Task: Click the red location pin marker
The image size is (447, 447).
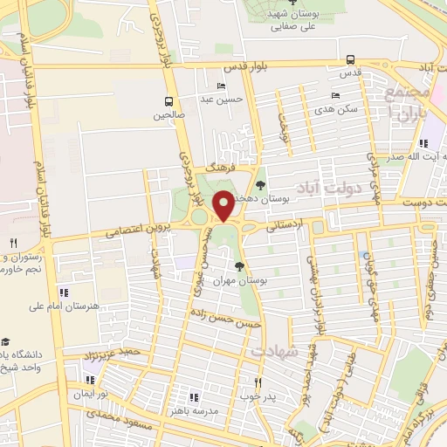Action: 223,205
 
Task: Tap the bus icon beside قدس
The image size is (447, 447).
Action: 350,60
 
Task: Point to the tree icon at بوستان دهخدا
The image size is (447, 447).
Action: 260,184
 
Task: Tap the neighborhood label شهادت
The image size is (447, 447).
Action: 276,349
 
